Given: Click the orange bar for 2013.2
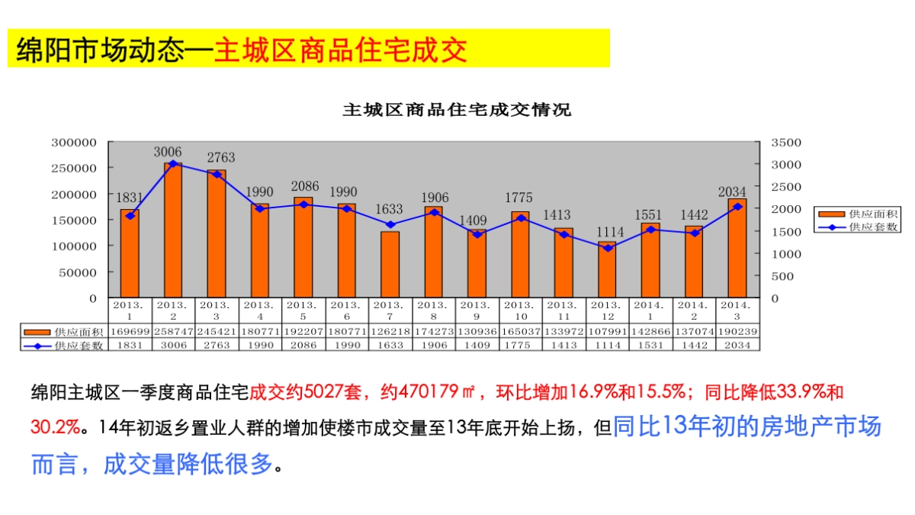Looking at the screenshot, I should (x=173, y=237).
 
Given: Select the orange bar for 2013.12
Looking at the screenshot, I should (x=607, y=271).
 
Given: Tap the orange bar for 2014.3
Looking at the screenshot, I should (x=737, y=252).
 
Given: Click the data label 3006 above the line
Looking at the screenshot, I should (x=167, y=152).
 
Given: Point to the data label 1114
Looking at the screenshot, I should (x=609, y=232).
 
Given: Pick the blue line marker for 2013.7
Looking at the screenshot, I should (x=390, y=225).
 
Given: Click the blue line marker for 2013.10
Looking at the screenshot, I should (x=521, y=218).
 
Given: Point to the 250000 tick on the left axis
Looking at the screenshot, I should (x=74, y=168).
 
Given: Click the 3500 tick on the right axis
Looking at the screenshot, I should (x=786, y=143).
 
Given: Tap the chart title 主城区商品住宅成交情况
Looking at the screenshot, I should (x=456, y=110).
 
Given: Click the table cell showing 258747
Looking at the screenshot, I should (x=173, y=333).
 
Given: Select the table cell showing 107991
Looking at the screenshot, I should (x=607, y=333).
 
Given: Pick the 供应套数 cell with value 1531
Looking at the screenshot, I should (x=650, y=346).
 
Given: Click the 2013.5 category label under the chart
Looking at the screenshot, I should (x=303, y=309).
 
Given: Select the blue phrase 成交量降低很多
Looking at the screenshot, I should (x=188, y=463).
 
